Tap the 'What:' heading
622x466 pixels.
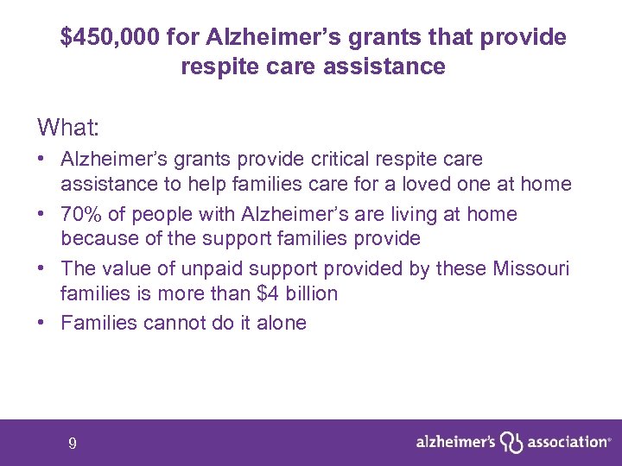[x=68, y=129]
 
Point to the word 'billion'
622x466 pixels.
[x=311, y=293]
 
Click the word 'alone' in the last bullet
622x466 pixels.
[x=281, y=324]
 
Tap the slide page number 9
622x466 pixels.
[x=73, y=444]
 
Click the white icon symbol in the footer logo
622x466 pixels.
[x=512, y=443]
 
